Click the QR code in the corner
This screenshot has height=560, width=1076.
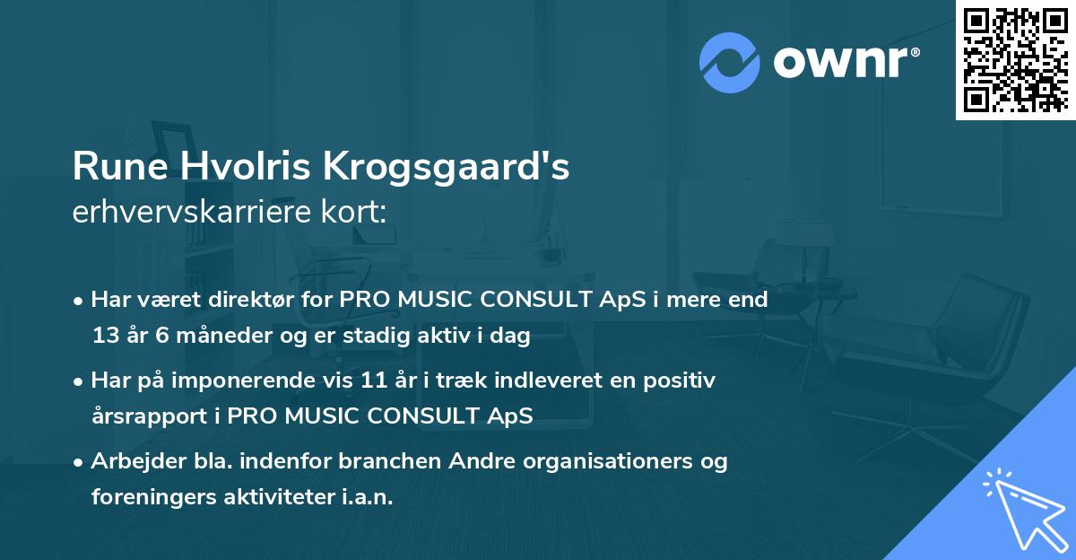pyautogui.click(x=1015, y=59)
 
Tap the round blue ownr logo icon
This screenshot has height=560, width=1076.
pyautogui.click(x=729, y=63)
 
